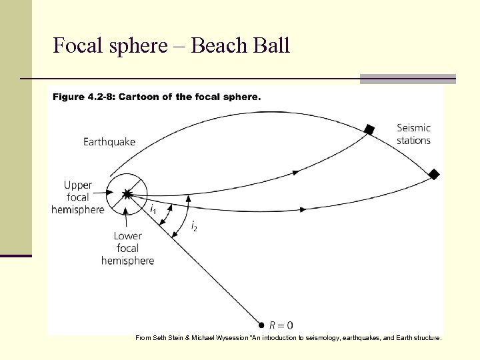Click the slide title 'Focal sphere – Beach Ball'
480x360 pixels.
tap(171, 46)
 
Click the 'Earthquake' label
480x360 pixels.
tap(109, 141)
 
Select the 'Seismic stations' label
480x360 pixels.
tap(413, 134)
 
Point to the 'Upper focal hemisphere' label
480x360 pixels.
tap(78, 197)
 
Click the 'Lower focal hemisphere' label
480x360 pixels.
tap(127, 248)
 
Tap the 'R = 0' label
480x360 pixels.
tap(281, 325)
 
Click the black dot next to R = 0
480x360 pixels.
tap(262, 325)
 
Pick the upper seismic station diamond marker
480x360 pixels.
tap(368, 129)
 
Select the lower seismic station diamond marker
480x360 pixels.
tap(434, 175)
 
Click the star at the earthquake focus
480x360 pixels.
tap(127, 194)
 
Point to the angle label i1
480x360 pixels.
tap(153, 209)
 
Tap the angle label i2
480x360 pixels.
tap(194, 227)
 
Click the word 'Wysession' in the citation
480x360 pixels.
tap(229, 338)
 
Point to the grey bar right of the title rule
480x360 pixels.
tap(407, 79)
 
